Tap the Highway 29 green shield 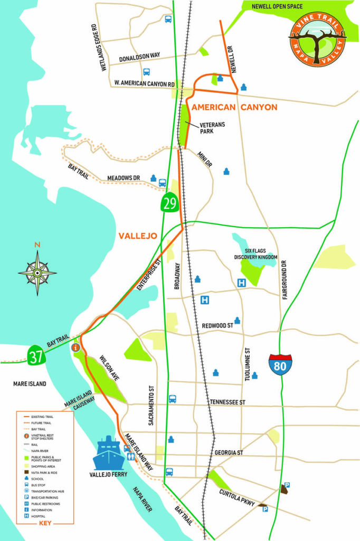(x=170, y=203)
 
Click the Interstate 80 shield (x=280, y=365)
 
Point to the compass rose (x=37, y=273)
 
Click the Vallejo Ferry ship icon (x=108, y=453)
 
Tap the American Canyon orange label (x=234, y=107)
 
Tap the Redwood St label (x=217, y=326)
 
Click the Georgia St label (x=229, y=453)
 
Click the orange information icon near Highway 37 (x=75, y=348)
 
